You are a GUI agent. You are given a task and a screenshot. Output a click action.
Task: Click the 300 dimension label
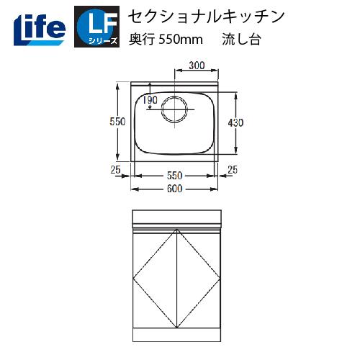pos(196,66)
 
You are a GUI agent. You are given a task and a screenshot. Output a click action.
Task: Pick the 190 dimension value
pos(150,101)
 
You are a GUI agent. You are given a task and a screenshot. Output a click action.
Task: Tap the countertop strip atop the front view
pos(176,217)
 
